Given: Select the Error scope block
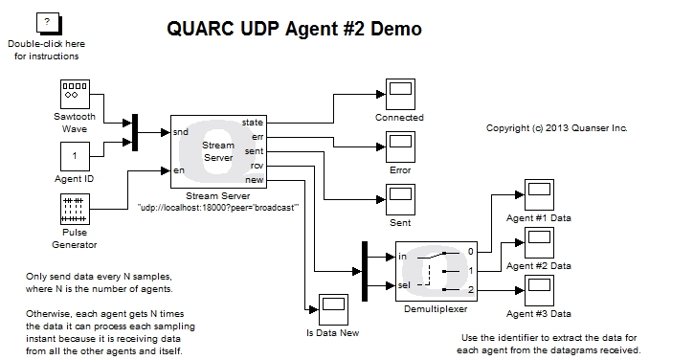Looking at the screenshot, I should click(399, 147).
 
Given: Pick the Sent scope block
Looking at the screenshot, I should click(399, 200).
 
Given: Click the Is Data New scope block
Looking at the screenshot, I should click(331, 307).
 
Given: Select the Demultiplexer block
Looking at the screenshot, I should click(436, 270).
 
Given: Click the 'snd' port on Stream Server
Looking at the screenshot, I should click(181, 131).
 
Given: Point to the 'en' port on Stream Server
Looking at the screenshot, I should click(179, 170).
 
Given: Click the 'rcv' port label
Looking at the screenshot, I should click(257, 166).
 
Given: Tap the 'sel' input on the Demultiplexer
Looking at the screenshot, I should click(406, 285).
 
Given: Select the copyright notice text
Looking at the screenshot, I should click(556, 127).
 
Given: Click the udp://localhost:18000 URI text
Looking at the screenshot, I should click(218, 206).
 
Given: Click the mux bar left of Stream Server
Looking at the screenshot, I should click(135, 132).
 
